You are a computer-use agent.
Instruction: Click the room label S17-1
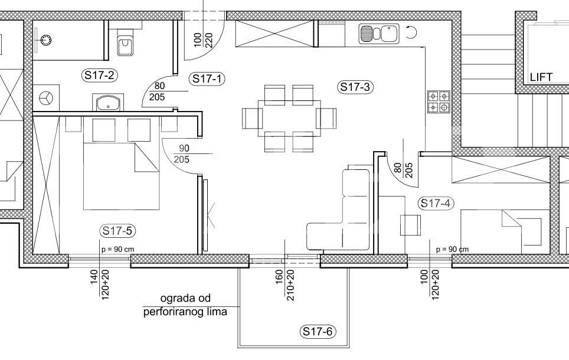[x=207, y=78]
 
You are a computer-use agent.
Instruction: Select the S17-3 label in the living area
[x=355, y=87]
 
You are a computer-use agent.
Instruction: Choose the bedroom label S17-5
[x=117, y=231]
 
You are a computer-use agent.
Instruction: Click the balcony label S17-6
[x=318, y=331]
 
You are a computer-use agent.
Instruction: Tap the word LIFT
[x=541, y=77]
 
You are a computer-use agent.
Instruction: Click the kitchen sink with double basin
[x=379, y=34]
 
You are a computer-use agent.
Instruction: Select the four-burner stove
[x=439, y=102]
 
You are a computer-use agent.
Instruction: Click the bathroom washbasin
[x=108, y=103]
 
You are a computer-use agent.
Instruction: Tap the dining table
[x=289, y=119]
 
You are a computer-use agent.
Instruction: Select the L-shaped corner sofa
[x=339, y=210]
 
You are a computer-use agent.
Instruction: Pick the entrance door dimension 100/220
[x=203, y=40]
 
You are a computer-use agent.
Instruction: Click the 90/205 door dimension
[x=184, y=154]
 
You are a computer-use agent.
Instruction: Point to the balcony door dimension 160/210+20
[x=285, y=285]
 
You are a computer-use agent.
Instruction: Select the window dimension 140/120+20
[x=100, y=284]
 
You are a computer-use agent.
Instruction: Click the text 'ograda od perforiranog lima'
[x=185, y=305]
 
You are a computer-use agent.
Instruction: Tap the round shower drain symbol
[x=46, y=40]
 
